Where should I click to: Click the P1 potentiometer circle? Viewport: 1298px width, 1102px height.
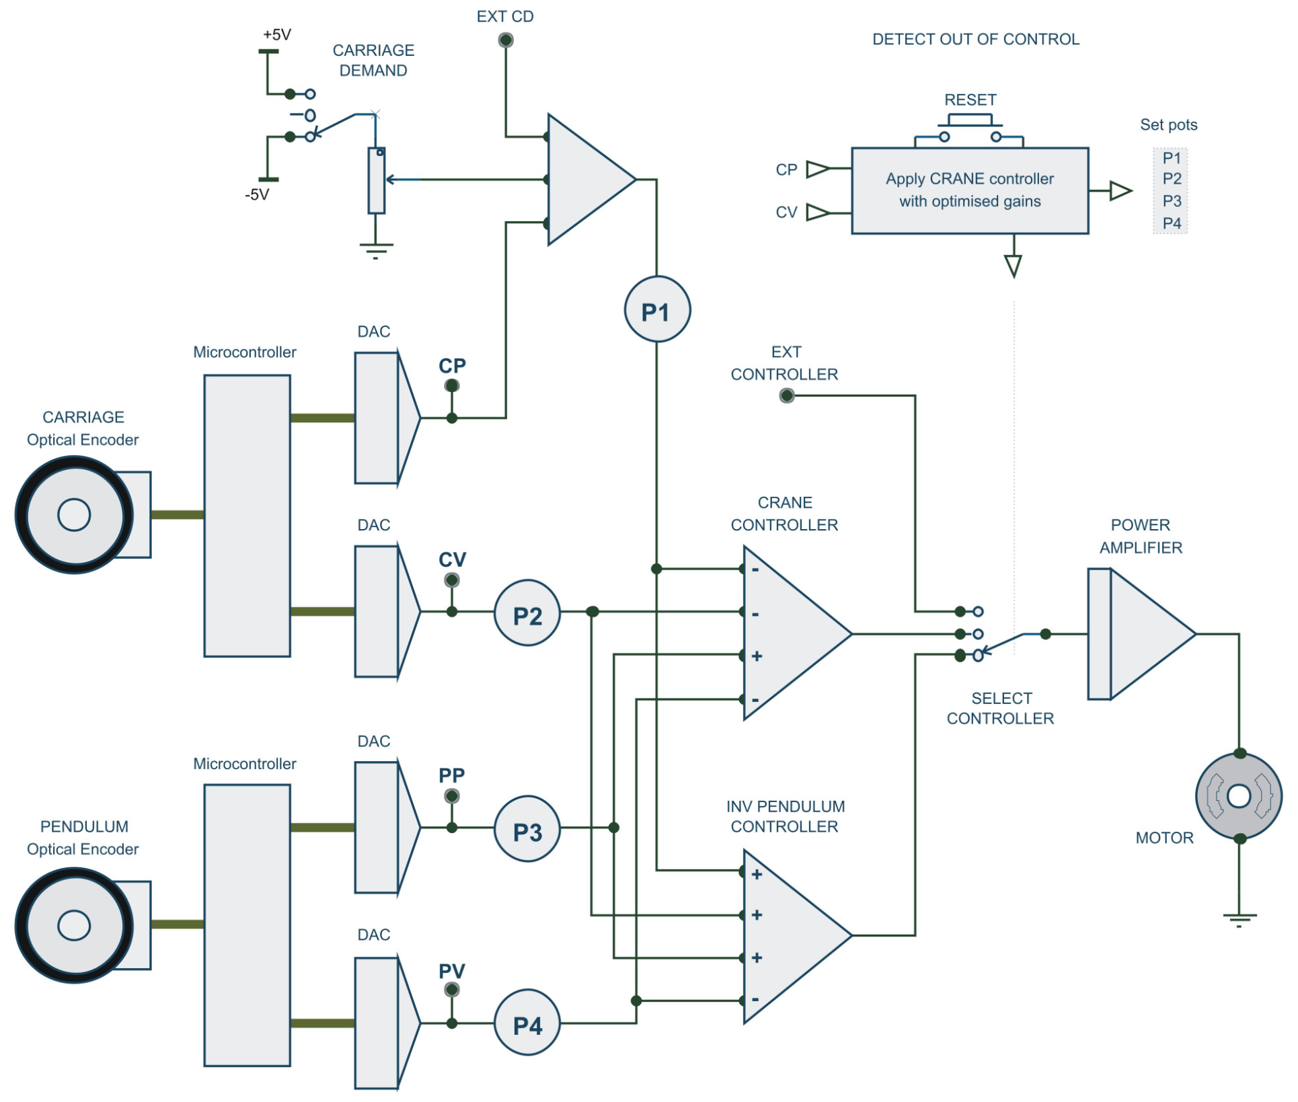coord(656,309)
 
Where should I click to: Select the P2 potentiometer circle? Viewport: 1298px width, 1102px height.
coord(527,613)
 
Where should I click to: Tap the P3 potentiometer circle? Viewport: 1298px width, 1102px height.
coord(527,829)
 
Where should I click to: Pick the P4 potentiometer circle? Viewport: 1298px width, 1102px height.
coord(527,1023)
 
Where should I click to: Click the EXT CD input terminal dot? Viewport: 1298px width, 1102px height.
coord(505,40)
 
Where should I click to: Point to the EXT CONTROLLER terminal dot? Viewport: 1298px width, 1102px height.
coord(786,396)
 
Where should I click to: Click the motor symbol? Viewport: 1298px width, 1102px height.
coord(1238,797)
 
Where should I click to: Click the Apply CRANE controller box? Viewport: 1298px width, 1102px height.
coord(969,191)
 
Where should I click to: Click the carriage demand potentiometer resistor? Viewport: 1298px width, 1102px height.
coord(376,180)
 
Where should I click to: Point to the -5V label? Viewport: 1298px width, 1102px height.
coord(257,195)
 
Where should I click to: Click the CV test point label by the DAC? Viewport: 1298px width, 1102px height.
coord(452,559)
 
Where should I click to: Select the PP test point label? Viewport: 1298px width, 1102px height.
coord(451,775)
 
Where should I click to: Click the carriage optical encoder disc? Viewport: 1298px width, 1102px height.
coord(74,515)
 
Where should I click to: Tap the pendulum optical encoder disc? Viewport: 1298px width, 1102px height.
coord(74,926)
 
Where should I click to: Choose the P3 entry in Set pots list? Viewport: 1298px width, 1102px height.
coord(1172,201)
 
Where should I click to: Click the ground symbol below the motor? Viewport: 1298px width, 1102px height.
coord(1239,919)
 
